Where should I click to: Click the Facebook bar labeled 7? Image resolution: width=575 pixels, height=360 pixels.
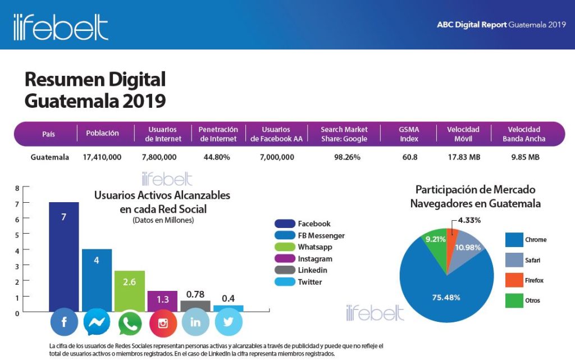pyautogui.click(x=64, y=257)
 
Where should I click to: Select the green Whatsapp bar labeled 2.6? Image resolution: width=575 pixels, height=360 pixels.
pyautogui.click(x=130, y=291)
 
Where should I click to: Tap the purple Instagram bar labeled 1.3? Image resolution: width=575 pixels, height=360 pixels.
pyautogui.click(x=162, y=301)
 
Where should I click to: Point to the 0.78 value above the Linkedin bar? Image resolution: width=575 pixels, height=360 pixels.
pyautogui.click(x=195, y=294)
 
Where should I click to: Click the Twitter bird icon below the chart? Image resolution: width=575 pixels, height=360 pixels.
pyautogui.click(x=229, y=322)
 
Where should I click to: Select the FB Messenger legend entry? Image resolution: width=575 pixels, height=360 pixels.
pyautogui.click(x=310, y=235)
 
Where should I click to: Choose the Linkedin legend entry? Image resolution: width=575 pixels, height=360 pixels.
pyautogui.click(x=301, y=270)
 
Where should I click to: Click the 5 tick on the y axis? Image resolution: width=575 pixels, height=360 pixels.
pyautogui.click(x=17, y=235)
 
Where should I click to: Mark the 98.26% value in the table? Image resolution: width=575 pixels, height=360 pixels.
pyautogui.click(x=347, y=157)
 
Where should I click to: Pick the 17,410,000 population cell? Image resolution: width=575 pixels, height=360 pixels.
pyautogui.click(x=102, y=157)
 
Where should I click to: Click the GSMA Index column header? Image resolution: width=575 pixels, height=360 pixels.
pyautogui.click(x=409, y=134)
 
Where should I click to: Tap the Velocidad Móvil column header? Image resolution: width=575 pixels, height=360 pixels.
pyautogui.click(x=463, y=134)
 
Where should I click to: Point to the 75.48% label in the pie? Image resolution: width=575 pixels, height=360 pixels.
pyautogui.click(x=446, y=297)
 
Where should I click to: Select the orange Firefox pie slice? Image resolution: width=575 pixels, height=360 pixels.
pyautogui.click(x=452, y=242)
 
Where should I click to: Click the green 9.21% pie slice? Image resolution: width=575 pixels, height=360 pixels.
pyautogui.click(x=436, y=245)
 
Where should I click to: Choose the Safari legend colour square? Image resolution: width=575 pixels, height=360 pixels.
pyautogui.click(x=514, y=260)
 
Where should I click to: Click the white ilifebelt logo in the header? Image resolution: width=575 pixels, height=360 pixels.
pyautogui.click(x=61, y=27)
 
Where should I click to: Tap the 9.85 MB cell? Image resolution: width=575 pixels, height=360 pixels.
pyautogui.click(x=526, y=157)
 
